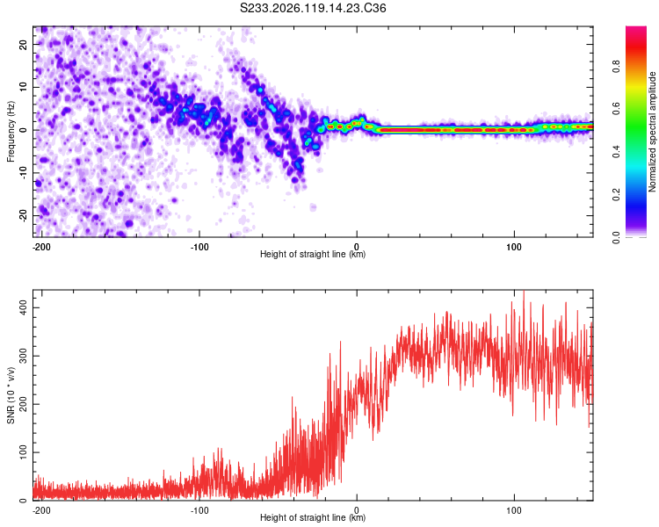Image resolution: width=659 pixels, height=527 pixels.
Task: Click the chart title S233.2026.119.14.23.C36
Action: tap(313, 8)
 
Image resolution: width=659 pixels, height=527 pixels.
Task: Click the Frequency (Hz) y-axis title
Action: tap(11, 132)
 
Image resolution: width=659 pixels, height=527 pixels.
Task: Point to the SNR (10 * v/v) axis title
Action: tap(11, 395)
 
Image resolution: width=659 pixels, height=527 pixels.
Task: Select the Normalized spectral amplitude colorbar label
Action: tap(652, 132)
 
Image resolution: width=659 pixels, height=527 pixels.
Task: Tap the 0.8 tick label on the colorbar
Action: tap(616, 67)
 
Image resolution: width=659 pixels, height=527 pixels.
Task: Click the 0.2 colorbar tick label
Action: tap(616, 195)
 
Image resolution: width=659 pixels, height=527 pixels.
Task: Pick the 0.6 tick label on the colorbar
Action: tap(616, 109)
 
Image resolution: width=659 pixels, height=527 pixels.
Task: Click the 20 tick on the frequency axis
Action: tap(24, 44)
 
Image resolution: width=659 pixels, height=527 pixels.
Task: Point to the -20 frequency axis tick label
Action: tap(24, 216)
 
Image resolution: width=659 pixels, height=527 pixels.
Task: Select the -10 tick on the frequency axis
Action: tap(24, 173)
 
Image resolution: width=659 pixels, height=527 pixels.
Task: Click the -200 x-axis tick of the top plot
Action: tap(41, 247)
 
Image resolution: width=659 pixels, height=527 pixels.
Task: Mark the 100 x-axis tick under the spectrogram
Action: tap(514, 247)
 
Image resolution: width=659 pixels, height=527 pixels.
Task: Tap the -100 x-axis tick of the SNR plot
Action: tap(199, 510)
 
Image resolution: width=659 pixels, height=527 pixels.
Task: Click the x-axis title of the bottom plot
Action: tap(313, 517)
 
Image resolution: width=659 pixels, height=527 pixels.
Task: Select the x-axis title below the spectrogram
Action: tap(313, 254)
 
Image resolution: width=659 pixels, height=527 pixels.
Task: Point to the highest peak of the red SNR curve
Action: tap(524, 292)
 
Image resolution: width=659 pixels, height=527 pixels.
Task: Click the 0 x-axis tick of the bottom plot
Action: tap(357, 510)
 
